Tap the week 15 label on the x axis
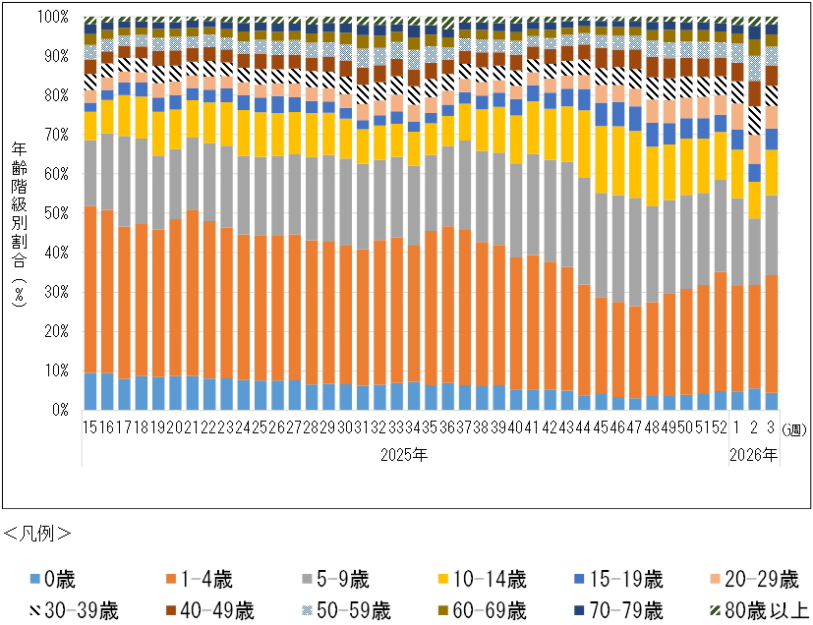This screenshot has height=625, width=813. (89, 427)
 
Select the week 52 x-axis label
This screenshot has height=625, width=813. (719, 427)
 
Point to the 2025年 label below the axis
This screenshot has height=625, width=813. (403, 454)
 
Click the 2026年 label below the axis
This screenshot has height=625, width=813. (754, 454)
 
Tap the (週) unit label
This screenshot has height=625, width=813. (792, 428)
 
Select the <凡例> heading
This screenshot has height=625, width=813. (38, 534)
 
